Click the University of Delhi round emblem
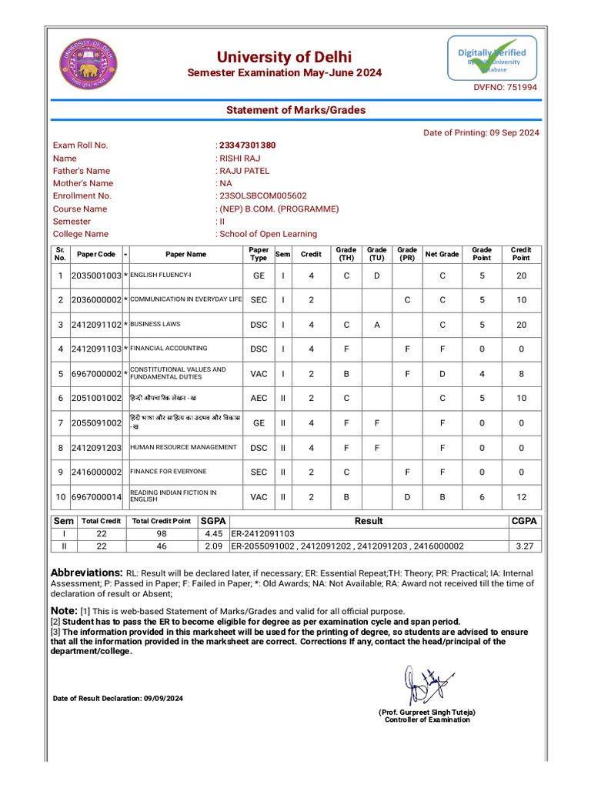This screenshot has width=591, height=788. coord(89,63)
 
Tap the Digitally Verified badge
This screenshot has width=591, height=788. coord(492,58)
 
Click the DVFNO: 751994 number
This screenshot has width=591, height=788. coord(505,88)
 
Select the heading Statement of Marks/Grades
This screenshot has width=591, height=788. coord(295,110)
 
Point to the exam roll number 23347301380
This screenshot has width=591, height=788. coord(247,145)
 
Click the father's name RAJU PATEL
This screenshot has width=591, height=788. coord(245,171)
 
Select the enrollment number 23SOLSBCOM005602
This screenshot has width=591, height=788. coord(263,196)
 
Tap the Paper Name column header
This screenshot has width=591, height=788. coord(185,254)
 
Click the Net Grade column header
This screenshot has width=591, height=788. coord(442,254)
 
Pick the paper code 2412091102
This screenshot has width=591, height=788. coord(96,325)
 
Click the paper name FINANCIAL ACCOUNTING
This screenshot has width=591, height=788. coord(169,349)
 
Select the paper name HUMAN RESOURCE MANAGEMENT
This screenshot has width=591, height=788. coord(183,447)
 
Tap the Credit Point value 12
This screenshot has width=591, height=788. coord(521,497)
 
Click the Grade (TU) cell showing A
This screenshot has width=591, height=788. coord(376,325)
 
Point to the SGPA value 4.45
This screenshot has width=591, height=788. coord(213,533)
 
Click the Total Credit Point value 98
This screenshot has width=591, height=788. coord(161,533)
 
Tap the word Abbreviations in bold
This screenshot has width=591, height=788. coord(86,573)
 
